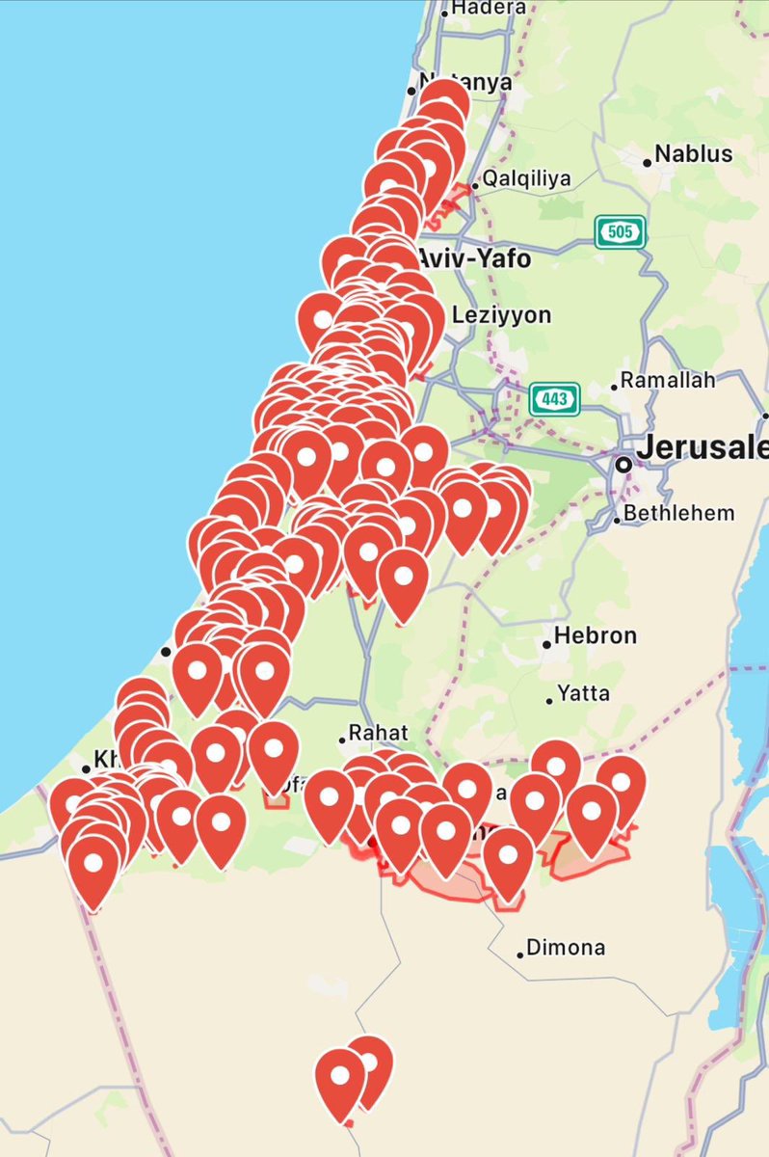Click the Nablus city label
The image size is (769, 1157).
pos(693,154)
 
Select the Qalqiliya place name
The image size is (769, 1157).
pos(527,178)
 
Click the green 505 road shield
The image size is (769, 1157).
pos(620,231)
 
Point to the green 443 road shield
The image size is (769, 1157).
pos(554,396)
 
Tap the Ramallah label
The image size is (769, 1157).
pos(668,380)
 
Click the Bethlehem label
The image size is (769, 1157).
pos(678,513)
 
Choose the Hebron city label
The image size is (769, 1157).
pos(596,636)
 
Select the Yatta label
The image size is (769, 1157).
pos(590,694)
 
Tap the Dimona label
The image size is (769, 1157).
pos(568,948)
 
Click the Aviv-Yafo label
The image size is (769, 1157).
pos(474,258)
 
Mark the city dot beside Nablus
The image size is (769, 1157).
pos(648,162)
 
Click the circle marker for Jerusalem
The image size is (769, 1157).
pos(623,464)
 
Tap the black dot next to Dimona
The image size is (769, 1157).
pos(520,954)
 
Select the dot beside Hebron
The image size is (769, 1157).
pos(545,643)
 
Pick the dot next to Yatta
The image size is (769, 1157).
pos(549,700)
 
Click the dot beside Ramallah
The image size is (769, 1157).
pos(614,387)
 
